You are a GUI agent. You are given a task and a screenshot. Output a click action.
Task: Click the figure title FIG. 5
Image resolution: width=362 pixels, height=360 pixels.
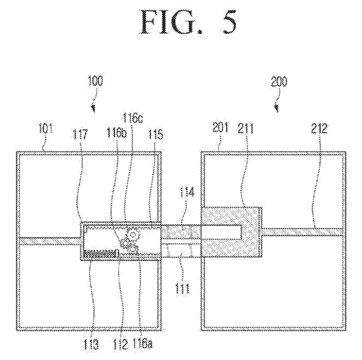189,22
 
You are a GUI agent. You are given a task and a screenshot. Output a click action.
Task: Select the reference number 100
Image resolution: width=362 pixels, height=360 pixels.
95,81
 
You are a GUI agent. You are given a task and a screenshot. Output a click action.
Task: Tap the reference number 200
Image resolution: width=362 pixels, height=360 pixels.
279,82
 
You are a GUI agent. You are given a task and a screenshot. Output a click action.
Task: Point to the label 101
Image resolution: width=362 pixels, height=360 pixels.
45,128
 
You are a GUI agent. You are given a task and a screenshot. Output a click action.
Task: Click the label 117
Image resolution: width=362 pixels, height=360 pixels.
80,134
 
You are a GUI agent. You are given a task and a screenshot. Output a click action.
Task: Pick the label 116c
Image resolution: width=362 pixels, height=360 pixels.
133,118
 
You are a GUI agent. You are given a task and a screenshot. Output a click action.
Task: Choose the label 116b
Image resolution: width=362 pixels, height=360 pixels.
116,132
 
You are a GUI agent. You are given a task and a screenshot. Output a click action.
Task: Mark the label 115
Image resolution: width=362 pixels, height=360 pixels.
155,134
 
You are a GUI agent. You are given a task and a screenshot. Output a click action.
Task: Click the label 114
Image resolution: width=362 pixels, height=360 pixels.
186,193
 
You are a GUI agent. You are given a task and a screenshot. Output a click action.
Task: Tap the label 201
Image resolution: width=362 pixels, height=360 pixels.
220,128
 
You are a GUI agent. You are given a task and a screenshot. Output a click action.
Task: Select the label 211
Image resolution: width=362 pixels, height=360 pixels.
246,128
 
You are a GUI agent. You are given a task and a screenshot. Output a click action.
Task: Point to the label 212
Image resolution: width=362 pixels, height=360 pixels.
319,128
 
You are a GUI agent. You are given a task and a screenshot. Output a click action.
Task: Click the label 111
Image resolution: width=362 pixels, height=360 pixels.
182,288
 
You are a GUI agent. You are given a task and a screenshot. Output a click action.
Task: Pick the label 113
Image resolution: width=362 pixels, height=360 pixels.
90,344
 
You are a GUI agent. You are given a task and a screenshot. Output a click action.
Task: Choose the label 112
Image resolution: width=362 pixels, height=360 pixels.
121,344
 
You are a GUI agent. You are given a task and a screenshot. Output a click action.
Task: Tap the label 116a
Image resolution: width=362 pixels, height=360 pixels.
143,343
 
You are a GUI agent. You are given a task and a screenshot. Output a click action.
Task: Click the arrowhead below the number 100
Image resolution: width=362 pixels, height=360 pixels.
94,109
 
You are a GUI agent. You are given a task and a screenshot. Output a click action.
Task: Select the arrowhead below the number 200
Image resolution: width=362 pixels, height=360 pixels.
277,109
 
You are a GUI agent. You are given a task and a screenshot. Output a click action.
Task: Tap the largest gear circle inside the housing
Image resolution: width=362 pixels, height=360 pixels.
133,235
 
